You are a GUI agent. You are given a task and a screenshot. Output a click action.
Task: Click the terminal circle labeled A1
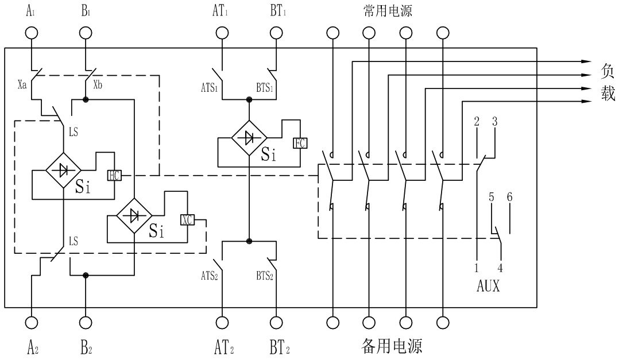coord(31,33)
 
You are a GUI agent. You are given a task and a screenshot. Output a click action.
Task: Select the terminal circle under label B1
coord(86,33)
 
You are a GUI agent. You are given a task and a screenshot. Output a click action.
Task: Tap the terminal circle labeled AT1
coord(222,33)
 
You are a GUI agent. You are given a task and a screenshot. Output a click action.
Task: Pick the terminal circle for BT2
coord(276,323)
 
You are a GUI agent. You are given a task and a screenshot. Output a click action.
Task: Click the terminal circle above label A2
coord(31,323)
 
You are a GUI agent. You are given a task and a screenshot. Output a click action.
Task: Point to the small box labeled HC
coord(114,175)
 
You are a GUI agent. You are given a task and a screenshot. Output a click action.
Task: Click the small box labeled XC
coord(187,219)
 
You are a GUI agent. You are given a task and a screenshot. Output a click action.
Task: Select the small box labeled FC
coord(300,143)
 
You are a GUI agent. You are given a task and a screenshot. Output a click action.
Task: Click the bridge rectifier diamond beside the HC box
coord(64,171)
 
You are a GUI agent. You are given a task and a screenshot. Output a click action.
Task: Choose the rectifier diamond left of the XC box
coord(134,215)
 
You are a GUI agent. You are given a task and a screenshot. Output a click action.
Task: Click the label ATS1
coord(209,88)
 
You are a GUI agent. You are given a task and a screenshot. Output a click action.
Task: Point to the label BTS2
coord(265,276)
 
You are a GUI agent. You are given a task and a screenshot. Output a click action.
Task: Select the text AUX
coord(488,286)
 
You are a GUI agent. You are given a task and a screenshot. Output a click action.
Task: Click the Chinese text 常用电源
coord(388,11)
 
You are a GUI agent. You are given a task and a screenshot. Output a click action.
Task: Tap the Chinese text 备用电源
coord(392,346)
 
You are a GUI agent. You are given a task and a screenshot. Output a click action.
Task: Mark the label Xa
coord(22,84)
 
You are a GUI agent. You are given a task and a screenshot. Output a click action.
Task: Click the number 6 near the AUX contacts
coord(510,196)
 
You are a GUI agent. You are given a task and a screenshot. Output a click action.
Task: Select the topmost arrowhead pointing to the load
coord(587,61)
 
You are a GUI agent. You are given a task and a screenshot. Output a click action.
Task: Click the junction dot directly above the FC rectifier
coord(249,99)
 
